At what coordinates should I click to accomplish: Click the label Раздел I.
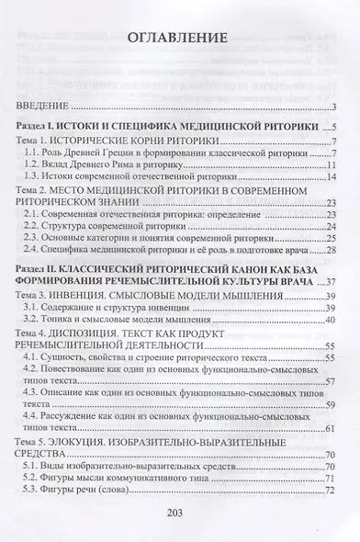pyautogui.click(x=45, y=126)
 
